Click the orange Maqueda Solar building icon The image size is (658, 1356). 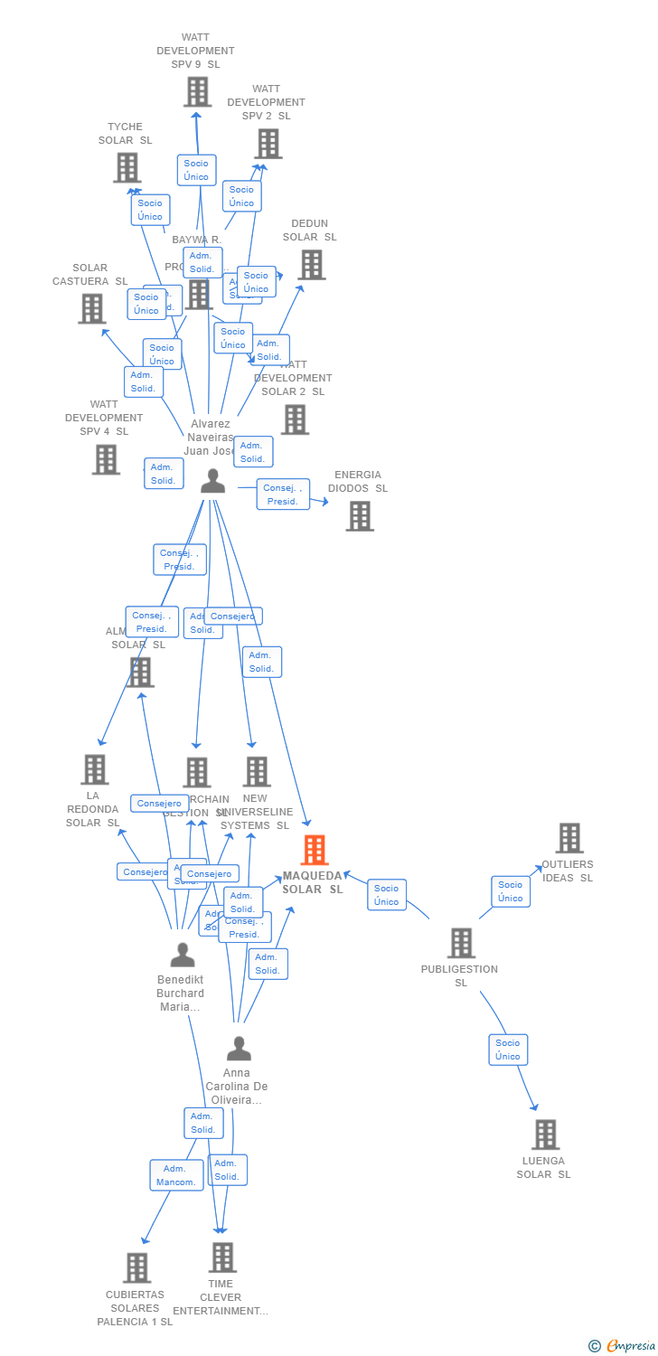click(x=314, y=850)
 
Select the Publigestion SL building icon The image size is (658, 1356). click(x=461, y=943)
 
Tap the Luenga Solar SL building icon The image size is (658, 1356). click(x=545, y=1135)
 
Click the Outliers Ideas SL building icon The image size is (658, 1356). click(x=569, y=838)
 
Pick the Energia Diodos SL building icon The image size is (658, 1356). click(x=359, y=516)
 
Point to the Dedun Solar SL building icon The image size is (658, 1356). click(x=311, y=265)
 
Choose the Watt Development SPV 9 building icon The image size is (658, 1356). click(x=197, y=91)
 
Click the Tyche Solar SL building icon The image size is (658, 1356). click(x=127, y=167)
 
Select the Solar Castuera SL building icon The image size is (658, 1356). click(x=91, y=309)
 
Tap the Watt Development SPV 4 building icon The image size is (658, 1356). click(x=105, y=459)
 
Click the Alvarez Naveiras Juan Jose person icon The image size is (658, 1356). click(x=212, y=481)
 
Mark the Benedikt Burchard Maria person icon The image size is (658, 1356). click(x=182, y=955)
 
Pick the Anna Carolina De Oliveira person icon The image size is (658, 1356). click(x=239, y=1049)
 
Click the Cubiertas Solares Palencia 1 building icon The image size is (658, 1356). click(x=136, y=1267)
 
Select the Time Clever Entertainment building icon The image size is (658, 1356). click(x=221, y=1257)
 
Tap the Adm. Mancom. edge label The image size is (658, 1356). click(x=176, y=1175)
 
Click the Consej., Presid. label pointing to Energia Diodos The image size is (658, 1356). click(x=283, y=494)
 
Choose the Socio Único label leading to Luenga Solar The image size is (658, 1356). click(x=508, y=1050)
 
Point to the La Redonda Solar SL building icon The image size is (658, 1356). click(x=94, y=769)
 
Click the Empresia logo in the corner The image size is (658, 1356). click(x=624, y=1346)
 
